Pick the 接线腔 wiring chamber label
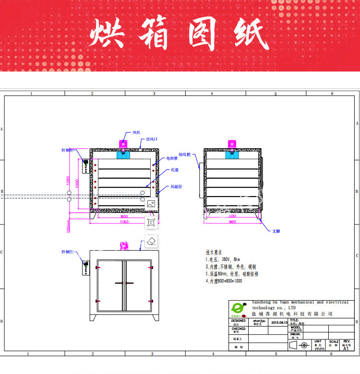click(185, 155)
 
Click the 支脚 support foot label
click(276, 231)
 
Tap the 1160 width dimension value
click(124, 222)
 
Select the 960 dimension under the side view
click(232, 222)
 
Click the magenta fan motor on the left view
click(123, 143)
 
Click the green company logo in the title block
click(239, 308)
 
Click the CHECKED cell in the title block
click(239, 330)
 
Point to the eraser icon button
click(151, 241)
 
